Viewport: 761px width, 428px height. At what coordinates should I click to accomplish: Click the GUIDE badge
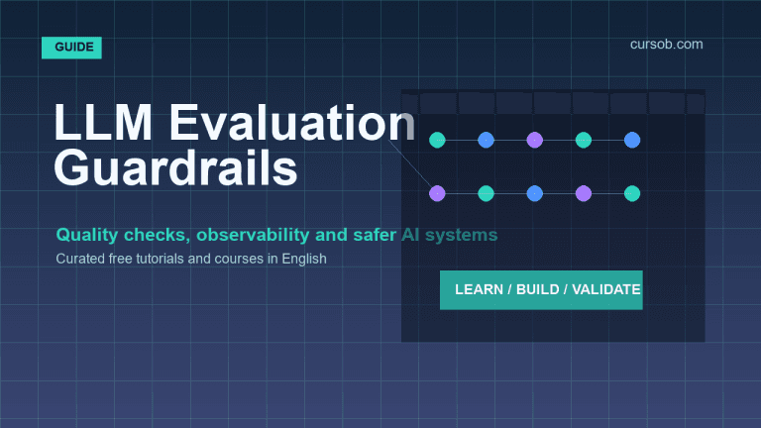[71, 48]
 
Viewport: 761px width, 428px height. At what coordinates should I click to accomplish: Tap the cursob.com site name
[666, 45]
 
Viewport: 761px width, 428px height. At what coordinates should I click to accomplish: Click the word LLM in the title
[103, 123]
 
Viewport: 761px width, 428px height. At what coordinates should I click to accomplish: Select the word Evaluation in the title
[291, 123]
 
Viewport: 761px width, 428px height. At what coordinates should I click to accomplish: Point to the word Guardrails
[175, 167]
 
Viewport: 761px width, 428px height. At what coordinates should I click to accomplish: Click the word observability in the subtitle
[253, 235]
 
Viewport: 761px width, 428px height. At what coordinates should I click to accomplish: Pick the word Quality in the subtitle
[87, 236]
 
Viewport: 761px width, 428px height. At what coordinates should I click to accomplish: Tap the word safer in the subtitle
[375, 235]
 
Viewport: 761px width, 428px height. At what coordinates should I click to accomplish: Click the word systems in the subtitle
[461, 236]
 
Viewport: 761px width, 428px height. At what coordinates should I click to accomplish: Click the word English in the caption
[304, 260]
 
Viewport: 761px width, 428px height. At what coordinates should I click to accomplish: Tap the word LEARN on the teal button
[479, 289]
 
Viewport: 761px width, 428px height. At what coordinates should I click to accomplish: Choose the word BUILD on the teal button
[538, 289]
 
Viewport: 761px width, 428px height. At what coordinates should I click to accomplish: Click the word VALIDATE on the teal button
[606, 289]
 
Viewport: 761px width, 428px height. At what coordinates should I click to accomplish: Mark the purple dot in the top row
[535, 141]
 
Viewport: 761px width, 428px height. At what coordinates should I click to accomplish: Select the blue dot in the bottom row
[535, 193]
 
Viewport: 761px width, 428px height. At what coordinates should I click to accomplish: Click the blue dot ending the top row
[632, 141]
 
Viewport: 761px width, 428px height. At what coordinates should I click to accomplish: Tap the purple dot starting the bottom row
[437, 193]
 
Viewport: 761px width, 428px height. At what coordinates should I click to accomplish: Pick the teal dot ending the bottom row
[632, 193]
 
